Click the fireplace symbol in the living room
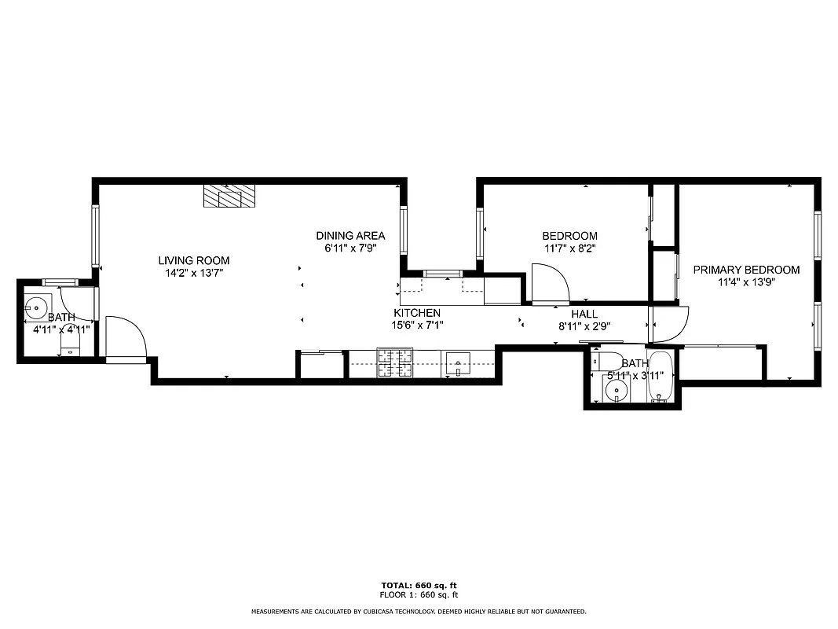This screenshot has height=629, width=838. click(229, 197)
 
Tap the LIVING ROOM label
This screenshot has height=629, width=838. click(194, 261)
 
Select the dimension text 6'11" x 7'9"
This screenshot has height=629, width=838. click(350, 247)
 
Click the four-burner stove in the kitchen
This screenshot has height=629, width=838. click(395, 363)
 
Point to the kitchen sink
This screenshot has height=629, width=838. click(457, 364)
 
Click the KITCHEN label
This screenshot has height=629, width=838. click(417, 313)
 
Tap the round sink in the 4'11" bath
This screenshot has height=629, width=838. click(35, 306)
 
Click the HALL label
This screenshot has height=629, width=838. click(584, 314)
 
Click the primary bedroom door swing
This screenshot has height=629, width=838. click(669, 325)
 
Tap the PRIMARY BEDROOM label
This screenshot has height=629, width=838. click(746, 270)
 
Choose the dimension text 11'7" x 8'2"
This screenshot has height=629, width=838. click(569, 247)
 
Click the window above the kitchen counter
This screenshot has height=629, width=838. click(442, 273)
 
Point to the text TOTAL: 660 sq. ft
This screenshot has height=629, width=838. click(419, 585)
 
